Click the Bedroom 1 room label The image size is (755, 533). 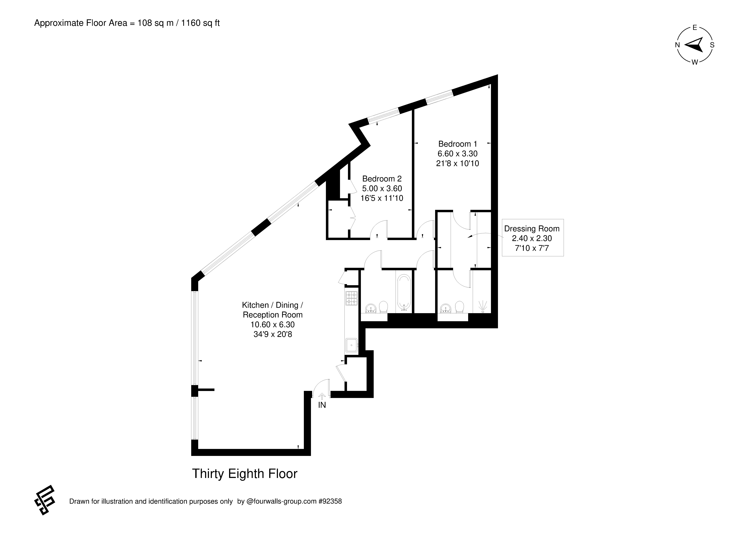[457, 153]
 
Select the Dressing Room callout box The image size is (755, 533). [532, 238]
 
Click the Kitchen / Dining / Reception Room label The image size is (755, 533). [273, 319]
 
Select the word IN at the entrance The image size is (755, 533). [322, 405]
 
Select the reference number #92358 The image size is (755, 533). [330, 502]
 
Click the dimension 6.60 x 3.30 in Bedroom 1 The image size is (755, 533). [457, 153]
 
